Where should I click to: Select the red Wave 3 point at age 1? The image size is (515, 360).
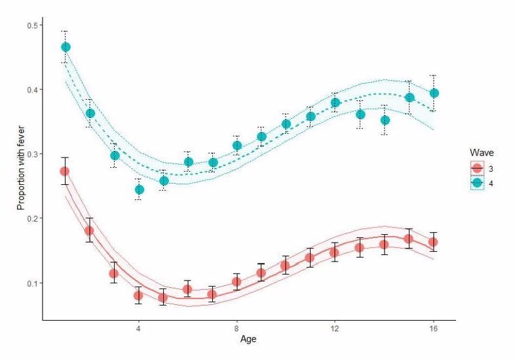pyautogui.click(x=65, y=171)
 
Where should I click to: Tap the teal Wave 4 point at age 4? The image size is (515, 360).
pyautogui.click(x=139, y=190)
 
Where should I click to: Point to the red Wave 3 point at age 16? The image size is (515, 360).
pyautogui.click(x=433, y=242)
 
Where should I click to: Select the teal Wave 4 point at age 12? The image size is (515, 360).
pyautogui.click(x=335, y=102)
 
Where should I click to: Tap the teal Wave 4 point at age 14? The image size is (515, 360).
pyautogui.click(x=385, y=120)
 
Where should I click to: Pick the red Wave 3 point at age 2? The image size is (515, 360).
pyautogui.click(x=89, y=231)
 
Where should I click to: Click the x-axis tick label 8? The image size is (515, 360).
pyautogui.click(x=237, y=329)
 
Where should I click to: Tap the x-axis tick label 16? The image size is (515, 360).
pyautogui.click(x=433, y=329)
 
